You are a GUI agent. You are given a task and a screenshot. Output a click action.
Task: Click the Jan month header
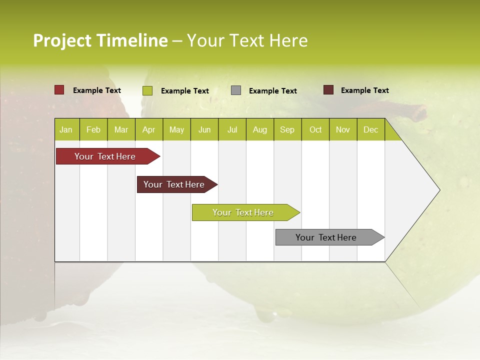pos(66,129)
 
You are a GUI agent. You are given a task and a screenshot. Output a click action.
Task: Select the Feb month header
pos(93,129)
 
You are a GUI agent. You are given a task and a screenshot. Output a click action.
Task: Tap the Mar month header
pos(121,129)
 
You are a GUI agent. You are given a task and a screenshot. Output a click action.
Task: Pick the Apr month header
pos(149,129)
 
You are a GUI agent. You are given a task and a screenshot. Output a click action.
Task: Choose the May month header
pos(176,129)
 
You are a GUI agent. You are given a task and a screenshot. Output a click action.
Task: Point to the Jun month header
pos(204,129)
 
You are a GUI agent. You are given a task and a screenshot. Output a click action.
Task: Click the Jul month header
pos(232,129)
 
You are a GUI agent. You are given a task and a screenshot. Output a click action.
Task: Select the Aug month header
pos(260,129)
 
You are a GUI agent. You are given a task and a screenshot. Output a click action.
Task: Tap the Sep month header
pos(287,129)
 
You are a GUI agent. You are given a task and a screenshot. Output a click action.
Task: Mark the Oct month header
pos(315,129)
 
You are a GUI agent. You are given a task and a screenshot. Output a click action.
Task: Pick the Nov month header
pos(343,129)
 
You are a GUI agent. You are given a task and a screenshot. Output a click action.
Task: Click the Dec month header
pos(371,129)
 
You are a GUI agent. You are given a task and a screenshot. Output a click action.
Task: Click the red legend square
pos(59,90)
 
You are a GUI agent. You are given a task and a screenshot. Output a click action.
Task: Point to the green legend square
pos(147,90)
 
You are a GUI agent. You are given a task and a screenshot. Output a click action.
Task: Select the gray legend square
pos(236,90)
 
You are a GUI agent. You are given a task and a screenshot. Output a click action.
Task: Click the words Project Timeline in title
pos(100,40)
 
